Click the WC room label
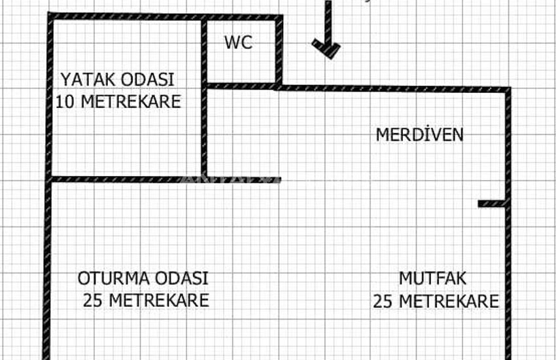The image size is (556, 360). tap(238, 43)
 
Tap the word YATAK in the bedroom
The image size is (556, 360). tap(85, 79)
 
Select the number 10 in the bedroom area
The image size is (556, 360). tap(65, 102)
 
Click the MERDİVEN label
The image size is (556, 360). tap(419, 134)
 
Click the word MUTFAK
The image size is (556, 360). tap(432, 278)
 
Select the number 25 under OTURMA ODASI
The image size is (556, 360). tap(93, 301)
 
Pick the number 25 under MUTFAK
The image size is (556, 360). tap(383, 302)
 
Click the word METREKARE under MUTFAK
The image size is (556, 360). tap(449, 302)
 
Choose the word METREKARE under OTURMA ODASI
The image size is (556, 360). tap(159, 301)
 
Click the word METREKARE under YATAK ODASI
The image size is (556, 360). tap(131, 102)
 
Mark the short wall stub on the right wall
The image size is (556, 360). tap(491, 204)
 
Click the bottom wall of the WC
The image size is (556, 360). tap(241, 86)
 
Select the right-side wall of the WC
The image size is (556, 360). tap(279, 52)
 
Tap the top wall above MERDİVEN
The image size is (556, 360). tap(393, 88)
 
